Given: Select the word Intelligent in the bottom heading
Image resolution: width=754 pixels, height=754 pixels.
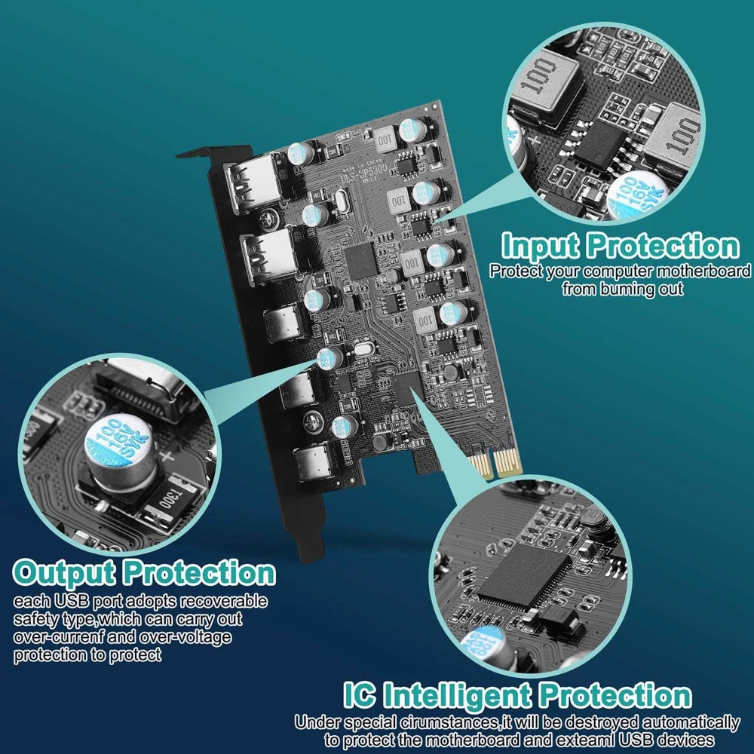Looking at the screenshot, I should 461,694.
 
